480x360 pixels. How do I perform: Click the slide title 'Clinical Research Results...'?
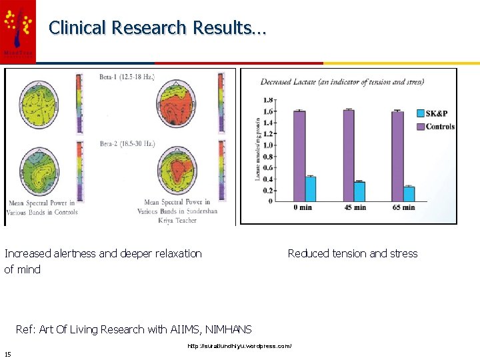coord(157,28)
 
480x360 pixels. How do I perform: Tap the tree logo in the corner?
coord(18,29)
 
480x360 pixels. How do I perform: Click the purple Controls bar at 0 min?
coord(299,156)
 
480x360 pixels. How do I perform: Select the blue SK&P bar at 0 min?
coord(311,189)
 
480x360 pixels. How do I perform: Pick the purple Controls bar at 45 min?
coord(349,155)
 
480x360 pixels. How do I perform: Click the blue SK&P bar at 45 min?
coord(360,191)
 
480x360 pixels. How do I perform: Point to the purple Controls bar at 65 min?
coord(397,156)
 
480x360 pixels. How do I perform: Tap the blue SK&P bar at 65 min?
coord(409,194)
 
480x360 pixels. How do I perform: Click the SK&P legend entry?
coord(435,114)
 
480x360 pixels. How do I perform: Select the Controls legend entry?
coord(435,127)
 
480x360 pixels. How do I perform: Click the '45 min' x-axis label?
coord(355,207)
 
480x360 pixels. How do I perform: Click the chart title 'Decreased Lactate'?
coord(342,82)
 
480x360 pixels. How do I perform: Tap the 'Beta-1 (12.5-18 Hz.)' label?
coord(127,78)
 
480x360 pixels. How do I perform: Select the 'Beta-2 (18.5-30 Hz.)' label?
coord(127,143)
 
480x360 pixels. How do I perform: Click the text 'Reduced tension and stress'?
coord(352,253)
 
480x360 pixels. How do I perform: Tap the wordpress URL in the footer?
coord(239,346)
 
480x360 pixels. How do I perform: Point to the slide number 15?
coord(7,353)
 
